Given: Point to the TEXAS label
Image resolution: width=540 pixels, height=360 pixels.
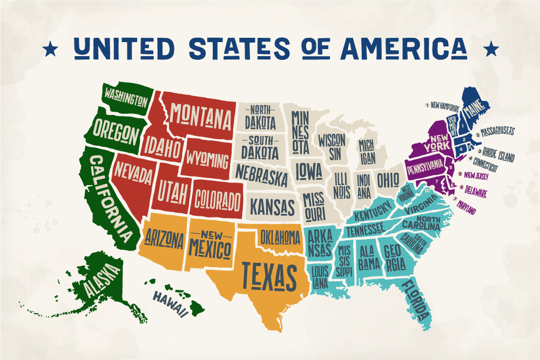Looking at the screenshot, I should click(x=269, y=274).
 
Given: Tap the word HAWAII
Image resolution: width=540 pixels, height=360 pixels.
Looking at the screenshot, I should click(x=170, y=303).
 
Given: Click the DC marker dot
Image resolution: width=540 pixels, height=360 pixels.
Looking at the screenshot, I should click(x=427, y=189).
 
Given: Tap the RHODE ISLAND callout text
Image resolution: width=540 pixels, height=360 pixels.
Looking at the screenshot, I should click(x=496, y=154).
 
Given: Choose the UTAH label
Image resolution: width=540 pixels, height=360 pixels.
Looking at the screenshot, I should click(x=172, y=190).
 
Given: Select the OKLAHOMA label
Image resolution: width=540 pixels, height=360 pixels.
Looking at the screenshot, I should click(x=280, y=236).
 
